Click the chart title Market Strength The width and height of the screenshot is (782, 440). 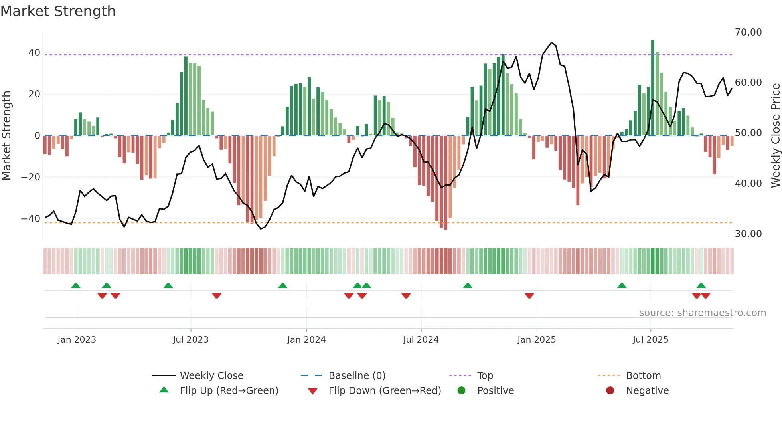pyautogui.click(x=58, y=11)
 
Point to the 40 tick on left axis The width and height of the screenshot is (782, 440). pyautogui.click(x=34, y=53)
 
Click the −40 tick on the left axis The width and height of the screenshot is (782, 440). pyautogui.click(x=31, y=219)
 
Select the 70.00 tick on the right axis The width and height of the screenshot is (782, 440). pyautogui.click(x=748, y=32)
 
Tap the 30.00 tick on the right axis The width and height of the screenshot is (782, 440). pyautogui.click(x=748, y=234)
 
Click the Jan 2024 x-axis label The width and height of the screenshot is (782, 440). pyautogui.click(x=306, y=340)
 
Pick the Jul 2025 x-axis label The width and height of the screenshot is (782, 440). pyautogui.click(x=650, y=340)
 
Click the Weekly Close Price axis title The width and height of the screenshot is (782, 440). pyautogui.click(x=775, y=136)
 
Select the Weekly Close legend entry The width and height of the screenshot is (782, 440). pyautogui.click(x=211, y=376)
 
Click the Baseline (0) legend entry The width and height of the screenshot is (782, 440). pyautogui.click(x=357, y=376)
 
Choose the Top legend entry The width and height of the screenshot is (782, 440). pyautogui.click(x=485, y=376)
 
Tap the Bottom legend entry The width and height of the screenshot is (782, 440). pyautogui.click(x=643, y=376)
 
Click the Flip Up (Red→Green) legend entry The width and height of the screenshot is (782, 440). pyautogui.click(x=229, y=391)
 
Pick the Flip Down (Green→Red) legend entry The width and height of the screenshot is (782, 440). pyautogui.click(x=385, y=391)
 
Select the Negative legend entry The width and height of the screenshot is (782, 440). pyautogui.click(x=647, y=391)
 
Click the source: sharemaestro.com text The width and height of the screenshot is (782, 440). pyautogui.click(x=702, y=313)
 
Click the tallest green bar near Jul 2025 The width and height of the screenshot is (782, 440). pyautogui.click(x=653, y=88)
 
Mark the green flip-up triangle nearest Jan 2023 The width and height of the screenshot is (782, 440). pyautogui.click(x=76, y=285)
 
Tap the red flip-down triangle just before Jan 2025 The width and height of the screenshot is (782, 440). pyautogui.click(x=529, y=296)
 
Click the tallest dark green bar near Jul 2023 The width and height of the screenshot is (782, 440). pyautogui.click(x=186, y=96)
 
